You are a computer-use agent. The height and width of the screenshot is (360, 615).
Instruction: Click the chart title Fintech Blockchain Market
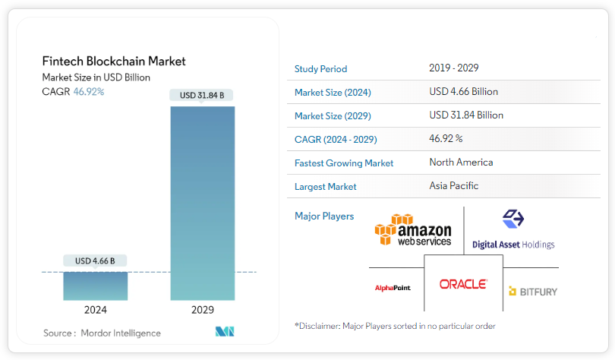point(114,62)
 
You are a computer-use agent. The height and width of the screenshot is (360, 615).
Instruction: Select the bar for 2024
point(95,286)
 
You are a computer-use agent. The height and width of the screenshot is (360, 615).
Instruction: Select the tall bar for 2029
point(202,203)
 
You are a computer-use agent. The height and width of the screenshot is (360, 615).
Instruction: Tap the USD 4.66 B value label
point(95,261)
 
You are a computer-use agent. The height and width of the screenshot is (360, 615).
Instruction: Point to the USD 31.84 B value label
point(202,96)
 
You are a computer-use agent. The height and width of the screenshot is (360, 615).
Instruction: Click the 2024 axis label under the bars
point(95,310)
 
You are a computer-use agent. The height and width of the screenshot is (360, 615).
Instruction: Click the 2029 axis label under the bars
point(202,310)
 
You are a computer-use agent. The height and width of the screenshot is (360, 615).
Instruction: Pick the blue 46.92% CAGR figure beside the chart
point(89,92)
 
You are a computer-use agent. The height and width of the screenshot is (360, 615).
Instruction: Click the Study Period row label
point(320,69)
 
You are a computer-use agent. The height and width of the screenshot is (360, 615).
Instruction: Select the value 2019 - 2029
point(453,68)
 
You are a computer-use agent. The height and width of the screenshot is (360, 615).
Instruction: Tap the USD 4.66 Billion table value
point(463,92)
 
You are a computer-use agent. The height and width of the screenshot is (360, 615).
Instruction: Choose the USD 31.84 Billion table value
point(466,115)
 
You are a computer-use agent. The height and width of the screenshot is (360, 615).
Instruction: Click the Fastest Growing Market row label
point(344,163)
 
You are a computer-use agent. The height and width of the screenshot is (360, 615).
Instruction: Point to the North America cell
point(461,163)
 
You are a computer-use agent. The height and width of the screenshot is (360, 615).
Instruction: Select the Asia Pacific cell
point(453,186)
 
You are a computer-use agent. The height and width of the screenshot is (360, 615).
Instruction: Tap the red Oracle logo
point(463,284)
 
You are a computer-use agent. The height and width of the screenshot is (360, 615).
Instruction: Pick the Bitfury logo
point(533,291)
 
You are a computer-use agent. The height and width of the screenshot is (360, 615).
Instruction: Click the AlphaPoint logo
point(393,289)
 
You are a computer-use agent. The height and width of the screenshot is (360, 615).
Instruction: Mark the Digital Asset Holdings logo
point(513,230)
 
